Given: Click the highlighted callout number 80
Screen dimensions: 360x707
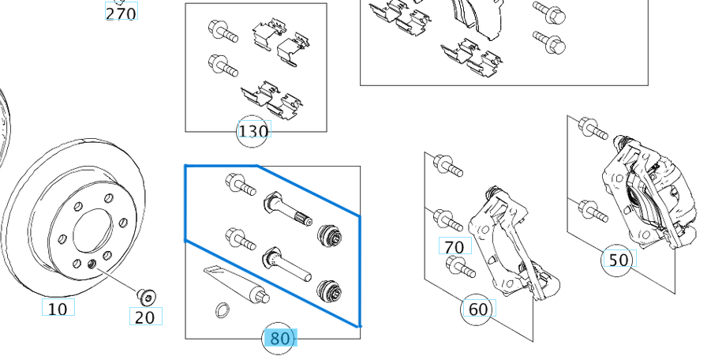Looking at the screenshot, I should point(279,339).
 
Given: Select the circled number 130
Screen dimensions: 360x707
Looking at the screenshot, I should point(252,131).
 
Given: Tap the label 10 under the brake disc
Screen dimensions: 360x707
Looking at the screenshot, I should point(58,309).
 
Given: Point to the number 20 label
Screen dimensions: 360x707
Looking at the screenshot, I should point(145,317).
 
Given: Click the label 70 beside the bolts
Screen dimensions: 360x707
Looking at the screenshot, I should point(454,247).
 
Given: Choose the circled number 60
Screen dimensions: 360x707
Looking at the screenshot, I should point(478,309).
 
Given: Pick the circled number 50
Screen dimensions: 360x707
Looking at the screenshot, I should point(619,260).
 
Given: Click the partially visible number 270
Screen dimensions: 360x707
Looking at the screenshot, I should point(121,12).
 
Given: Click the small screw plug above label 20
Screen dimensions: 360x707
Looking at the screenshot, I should point(144,296).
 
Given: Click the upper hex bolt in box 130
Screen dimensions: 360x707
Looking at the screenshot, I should point(222,32).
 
